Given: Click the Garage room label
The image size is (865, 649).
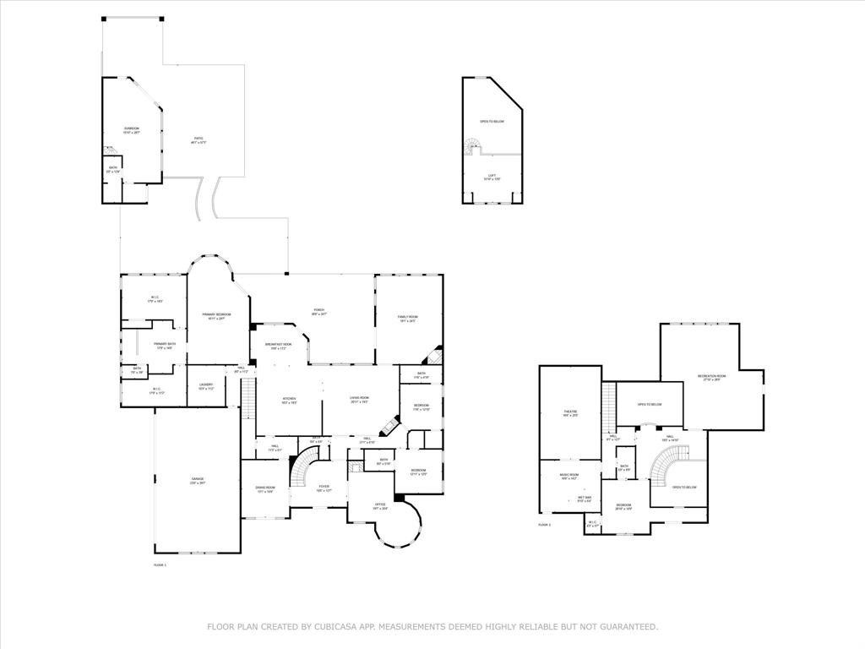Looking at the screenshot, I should click(197, 480).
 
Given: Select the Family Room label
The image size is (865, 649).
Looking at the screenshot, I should click(408, 318).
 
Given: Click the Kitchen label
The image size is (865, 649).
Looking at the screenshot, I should click(289, 399).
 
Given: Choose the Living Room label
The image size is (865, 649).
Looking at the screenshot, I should click(359, 399).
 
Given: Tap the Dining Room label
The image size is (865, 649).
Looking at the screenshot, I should click(265, 488).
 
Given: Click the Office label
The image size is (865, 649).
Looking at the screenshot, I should click(380, 506).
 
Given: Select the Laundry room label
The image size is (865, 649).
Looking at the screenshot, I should click(206, 386).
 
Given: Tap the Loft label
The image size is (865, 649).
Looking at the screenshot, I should click(492, 177).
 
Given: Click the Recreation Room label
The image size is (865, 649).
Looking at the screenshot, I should click(711, 377).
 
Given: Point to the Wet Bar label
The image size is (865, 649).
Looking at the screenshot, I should click(585, 499).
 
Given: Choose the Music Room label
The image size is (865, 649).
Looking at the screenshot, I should click(569, 477).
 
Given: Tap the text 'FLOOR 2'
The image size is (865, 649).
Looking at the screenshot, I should click(545, 525).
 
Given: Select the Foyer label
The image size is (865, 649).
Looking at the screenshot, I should click(324, 488).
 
